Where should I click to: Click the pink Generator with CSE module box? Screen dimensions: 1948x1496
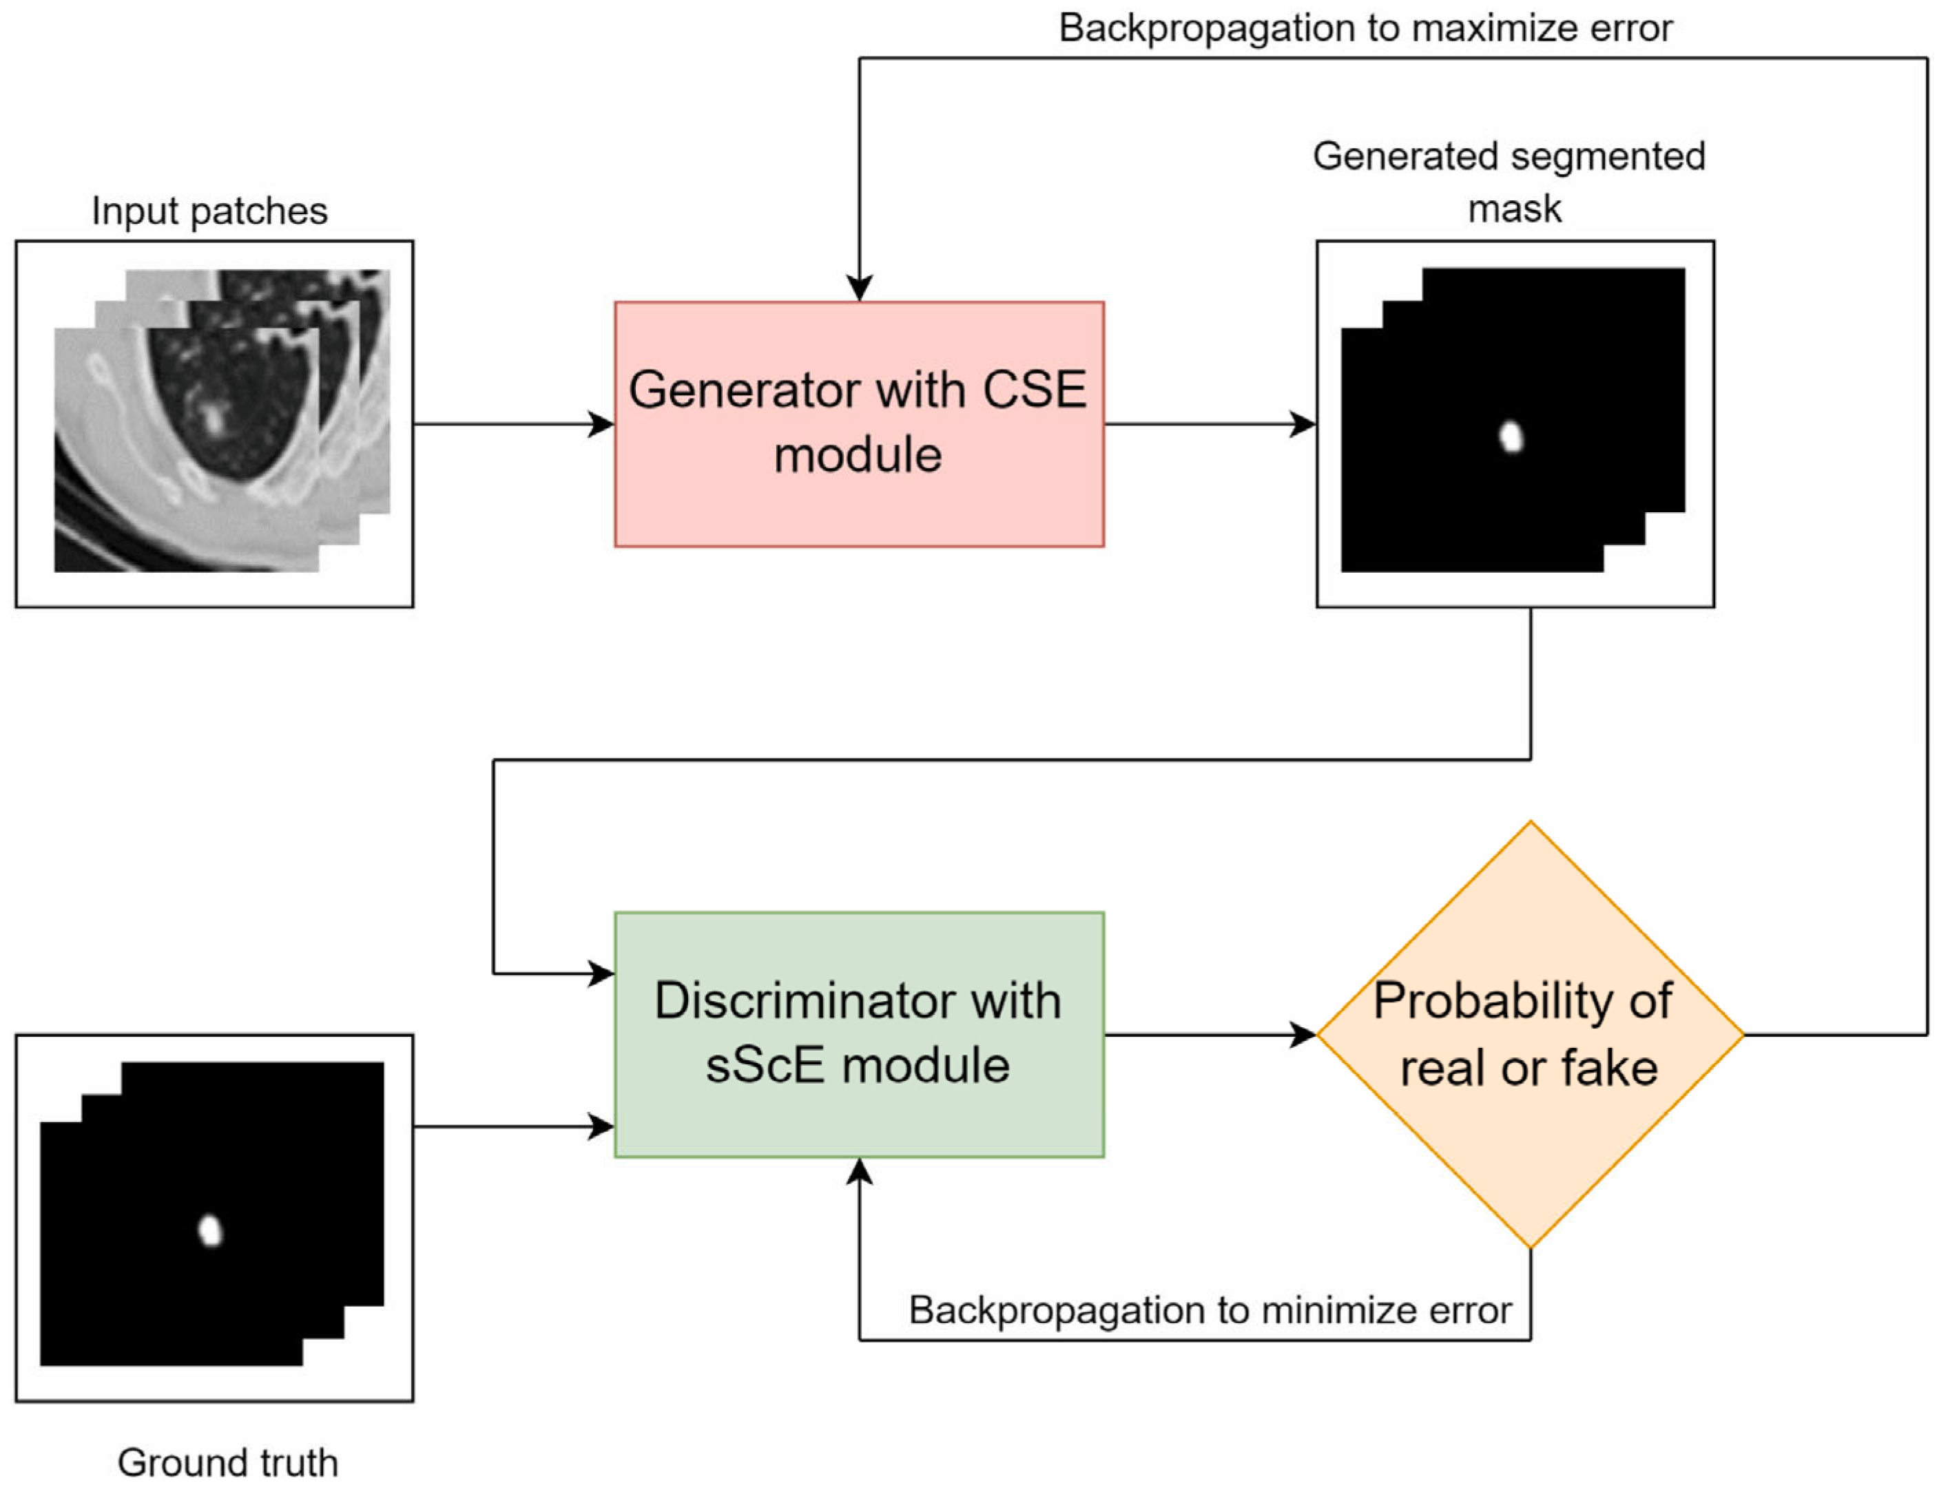click(x=859, y=424)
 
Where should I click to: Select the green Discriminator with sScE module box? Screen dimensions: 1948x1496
click(x=859, y=1034)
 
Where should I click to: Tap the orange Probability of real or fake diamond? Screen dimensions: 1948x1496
click(x=1531, y=1034)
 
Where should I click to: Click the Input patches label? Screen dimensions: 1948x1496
click(x=209, y=212)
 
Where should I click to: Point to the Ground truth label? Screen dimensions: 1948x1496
click(x=228, y=1463)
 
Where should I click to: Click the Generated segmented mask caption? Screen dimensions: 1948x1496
click(x=1510, y=182)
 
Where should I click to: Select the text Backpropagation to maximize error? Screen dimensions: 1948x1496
click(x=1365, y=28)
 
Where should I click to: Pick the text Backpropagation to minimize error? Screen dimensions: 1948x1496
click(x=1210, y=1311)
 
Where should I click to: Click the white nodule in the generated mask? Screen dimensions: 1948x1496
click(x=1511, y=436)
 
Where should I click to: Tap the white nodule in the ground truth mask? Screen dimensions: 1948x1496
click(x=209, y=1231)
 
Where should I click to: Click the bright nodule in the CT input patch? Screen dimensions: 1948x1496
click(x=212, y=416)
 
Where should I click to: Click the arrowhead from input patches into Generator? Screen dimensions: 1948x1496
click(x=601, y=424)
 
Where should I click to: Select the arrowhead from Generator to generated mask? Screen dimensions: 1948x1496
click(x=1303, y=424)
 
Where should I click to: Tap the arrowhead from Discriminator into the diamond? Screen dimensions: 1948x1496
click(x=1303, y=1034)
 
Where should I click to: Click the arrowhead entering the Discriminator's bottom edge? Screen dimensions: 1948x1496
click(x=859, y=1171)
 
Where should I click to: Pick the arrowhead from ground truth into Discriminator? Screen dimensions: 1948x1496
click(x=601, y=1126)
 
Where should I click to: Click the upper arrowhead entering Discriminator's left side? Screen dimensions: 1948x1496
click(x=601, y=973)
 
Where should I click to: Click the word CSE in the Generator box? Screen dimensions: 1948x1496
click(x=1033, y=390)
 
